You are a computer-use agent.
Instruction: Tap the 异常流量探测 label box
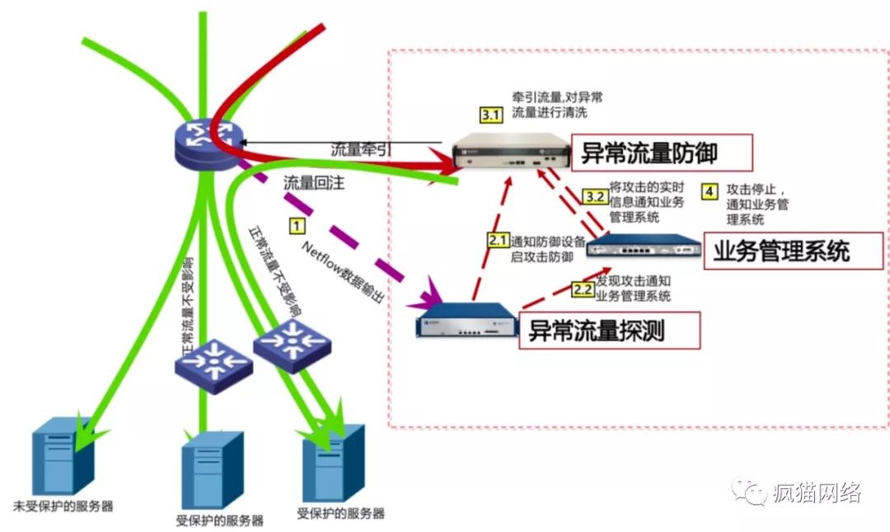pos(609,330)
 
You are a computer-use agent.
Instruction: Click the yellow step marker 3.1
pos(490,115)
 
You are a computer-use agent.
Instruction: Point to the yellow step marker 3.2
pos(594,196)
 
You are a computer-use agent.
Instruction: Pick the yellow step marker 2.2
pos(582,290)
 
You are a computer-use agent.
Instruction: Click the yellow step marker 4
pos(709,191)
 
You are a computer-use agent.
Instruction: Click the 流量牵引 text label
pos(361,150)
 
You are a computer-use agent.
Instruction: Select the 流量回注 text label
pos(313,182)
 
